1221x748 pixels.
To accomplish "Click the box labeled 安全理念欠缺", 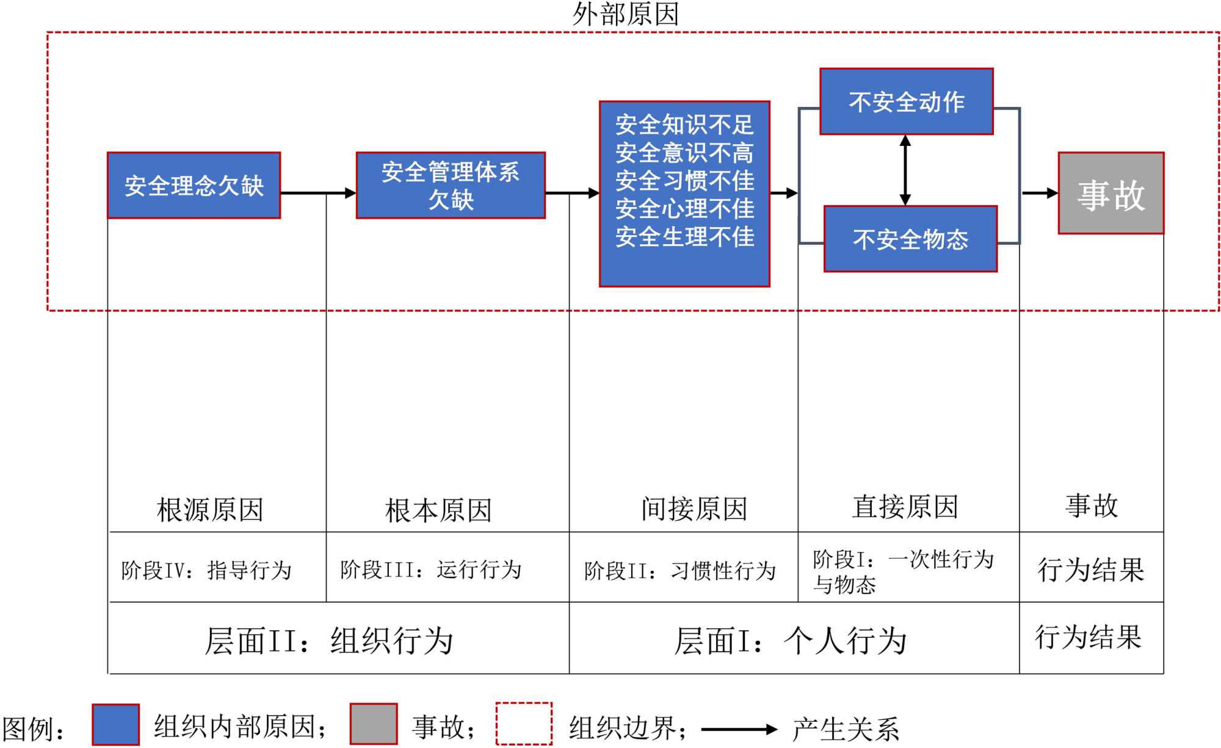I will (194, 186).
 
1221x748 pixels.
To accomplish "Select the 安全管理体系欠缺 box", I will (451, 186).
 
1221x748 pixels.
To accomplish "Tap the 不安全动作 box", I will (907, 101).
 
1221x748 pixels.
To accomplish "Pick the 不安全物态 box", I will (910, 239).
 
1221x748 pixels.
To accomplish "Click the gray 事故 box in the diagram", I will (1111, 194).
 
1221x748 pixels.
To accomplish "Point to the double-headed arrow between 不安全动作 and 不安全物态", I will (905, 170).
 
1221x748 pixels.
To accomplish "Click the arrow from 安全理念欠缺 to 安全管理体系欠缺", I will (317, 193).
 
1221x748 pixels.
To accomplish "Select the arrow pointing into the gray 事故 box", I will (1040, 193).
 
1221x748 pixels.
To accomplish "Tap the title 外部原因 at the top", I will (626, 13).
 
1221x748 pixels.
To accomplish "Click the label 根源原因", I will (210, 509).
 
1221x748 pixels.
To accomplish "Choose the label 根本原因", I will (438, 510).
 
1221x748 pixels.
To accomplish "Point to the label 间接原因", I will (694, 509).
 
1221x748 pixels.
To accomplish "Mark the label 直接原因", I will (905, 507).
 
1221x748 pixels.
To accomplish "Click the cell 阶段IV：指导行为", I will (206, 570).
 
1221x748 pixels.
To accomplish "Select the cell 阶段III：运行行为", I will (431, 570).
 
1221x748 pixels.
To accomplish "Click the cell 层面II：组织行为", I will (328, 641).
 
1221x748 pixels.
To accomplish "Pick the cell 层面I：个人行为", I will (790, 641).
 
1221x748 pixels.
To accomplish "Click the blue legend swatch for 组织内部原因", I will (115, 725).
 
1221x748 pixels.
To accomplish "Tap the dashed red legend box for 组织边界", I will (524, 724).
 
